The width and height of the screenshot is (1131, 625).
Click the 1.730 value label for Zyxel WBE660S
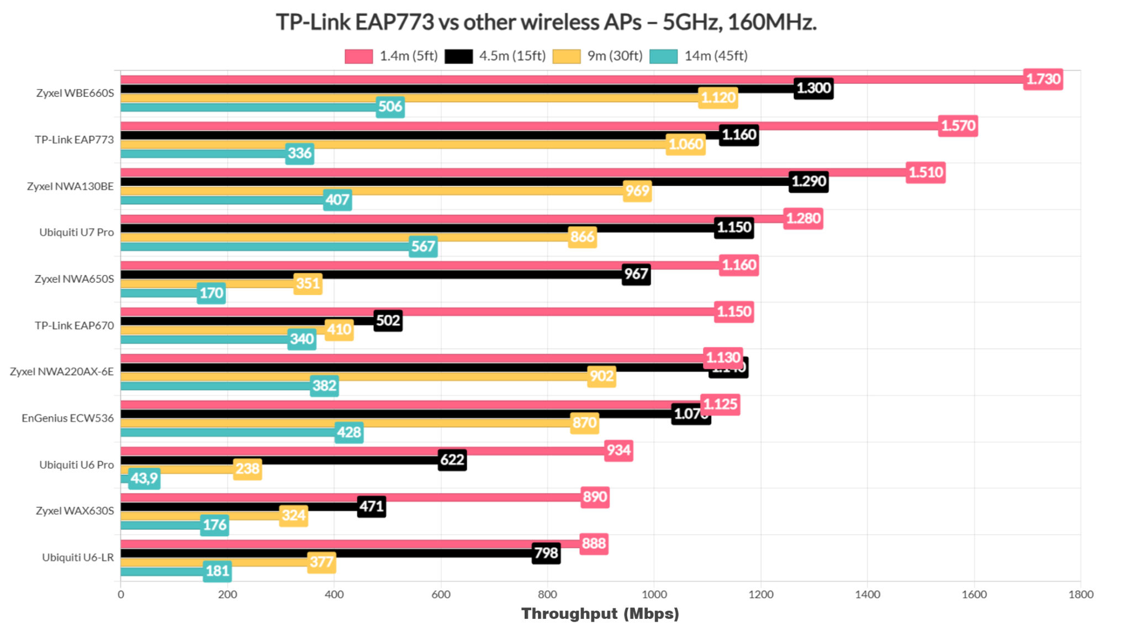[x=1043, y=80]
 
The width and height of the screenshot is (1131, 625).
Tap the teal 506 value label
[x=390, y=107]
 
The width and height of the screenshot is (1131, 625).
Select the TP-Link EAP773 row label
[x=74, y=140]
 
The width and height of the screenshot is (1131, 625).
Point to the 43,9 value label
[x=144, y=478]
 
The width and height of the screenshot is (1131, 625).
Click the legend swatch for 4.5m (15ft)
[x=458, y=56]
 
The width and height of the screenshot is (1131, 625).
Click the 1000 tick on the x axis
[x=654, y=595]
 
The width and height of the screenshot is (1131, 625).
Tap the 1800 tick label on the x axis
[x=1080, y=595]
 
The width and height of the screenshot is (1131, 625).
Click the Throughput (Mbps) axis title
[x=600, y=613]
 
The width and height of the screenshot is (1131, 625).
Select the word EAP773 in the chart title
[x=394, y=23]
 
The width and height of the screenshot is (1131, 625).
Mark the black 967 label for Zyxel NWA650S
[x=636, y=274]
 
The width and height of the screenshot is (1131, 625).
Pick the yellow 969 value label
[x=637, y=191]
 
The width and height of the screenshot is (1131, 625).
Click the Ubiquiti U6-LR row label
[x=78, y=558]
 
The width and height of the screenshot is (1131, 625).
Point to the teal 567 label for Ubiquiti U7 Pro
[x=423, y=246]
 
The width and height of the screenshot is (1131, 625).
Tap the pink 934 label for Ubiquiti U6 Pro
[x=618, y=451]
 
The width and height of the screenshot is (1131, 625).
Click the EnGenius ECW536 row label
[x=67, y=419]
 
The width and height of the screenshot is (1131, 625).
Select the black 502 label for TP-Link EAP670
[x=388, y=321]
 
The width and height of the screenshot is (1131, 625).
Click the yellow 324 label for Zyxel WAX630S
[x=293, y=516]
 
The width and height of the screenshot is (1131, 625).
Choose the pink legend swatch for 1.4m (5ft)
[x=358, y=56]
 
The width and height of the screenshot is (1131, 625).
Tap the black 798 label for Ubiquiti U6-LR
[x=546, y=553]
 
